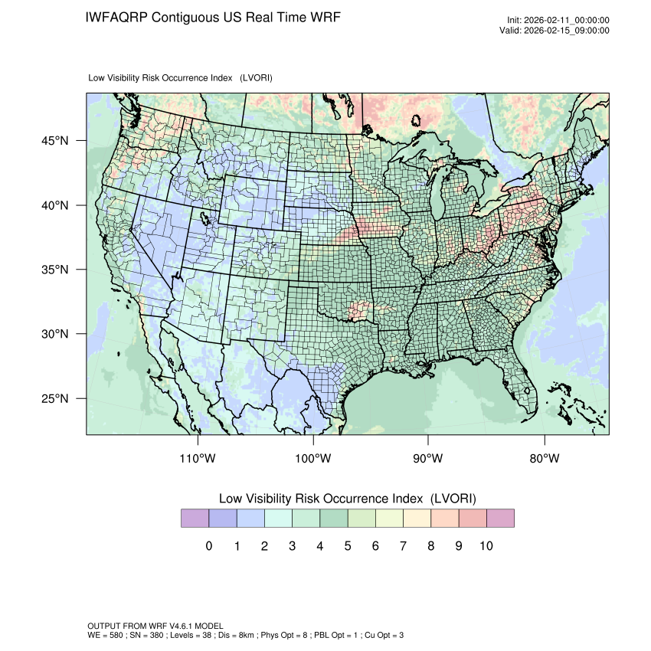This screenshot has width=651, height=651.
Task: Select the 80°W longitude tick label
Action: [545, 459]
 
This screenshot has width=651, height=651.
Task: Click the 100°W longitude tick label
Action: [313, 459]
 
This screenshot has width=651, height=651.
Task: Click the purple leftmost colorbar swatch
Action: [195, 519]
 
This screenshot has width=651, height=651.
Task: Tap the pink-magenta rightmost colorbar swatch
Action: [500, 519]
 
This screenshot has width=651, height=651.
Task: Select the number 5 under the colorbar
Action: [348, 546]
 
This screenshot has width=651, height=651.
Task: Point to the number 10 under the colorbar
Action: [486, 546]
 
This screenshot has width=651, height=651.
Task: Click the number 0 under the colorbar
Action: [208, 546]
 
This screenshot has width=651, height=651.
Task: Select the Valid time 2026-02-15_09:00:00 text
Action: [566, 31]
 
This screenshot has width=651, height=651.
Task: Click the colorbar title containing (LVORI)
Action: [348, 499]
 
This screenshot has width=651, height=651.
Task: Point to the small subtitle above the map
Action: [181, 77]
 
